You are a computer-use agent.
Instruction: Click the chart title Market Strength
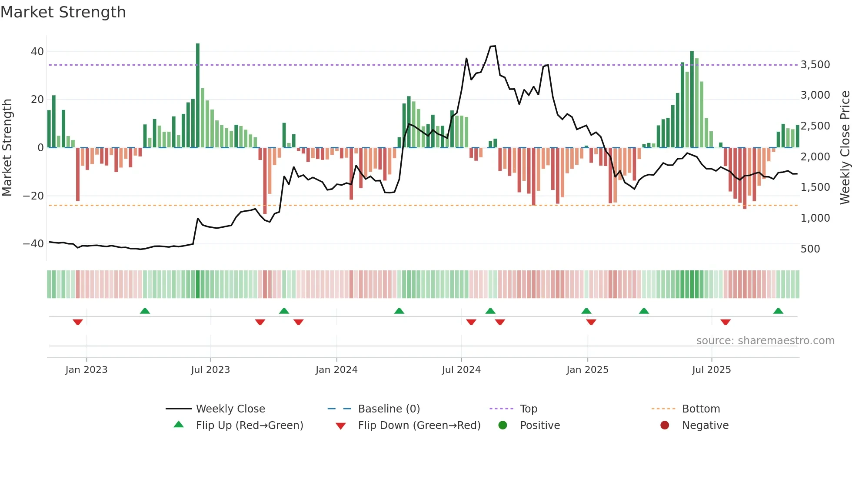pyautogui.click(x=63, y=12)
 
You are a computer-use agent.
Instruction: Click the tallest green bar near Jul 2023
pyautogui.click(x=198, y=96)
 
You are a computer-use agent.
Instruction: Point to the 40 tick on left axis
pyautogui.click(x=37, y=52)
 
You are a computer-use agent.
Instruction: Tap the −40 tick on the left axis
pyautogui.click(x=33, y=244)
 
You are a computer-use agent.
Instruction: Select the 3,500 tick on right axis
pyautogui.click(x=815, y=65)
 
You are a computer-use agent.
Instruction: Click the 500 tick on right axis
pyautogui.click(x=810, y=249)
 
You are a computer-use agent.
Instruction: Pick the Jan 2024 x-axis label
pyautogui.click(x=336, y=370)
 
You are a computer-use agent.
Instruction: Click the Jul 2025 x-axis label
pyautogui.click(x=712, y=370)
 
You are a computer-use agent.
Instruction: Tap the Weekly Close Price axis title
pyautogui.click(x=845, y=148)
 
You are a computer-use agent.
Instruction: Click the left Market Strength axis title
pyautogui.click(x=7, y=148)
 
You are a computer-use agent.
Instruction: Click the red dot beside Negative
pyautogui.click(x=665, y=426)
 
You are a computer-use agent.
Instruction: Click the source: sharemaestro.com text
pyautogui.click(x=765, y=341)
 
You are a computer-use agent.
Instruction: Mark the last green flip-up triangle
pyautogui.click(x=778, y=311)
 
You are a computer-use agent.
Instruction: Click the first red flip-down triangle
pyautogui.click(x=78, y=322)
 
